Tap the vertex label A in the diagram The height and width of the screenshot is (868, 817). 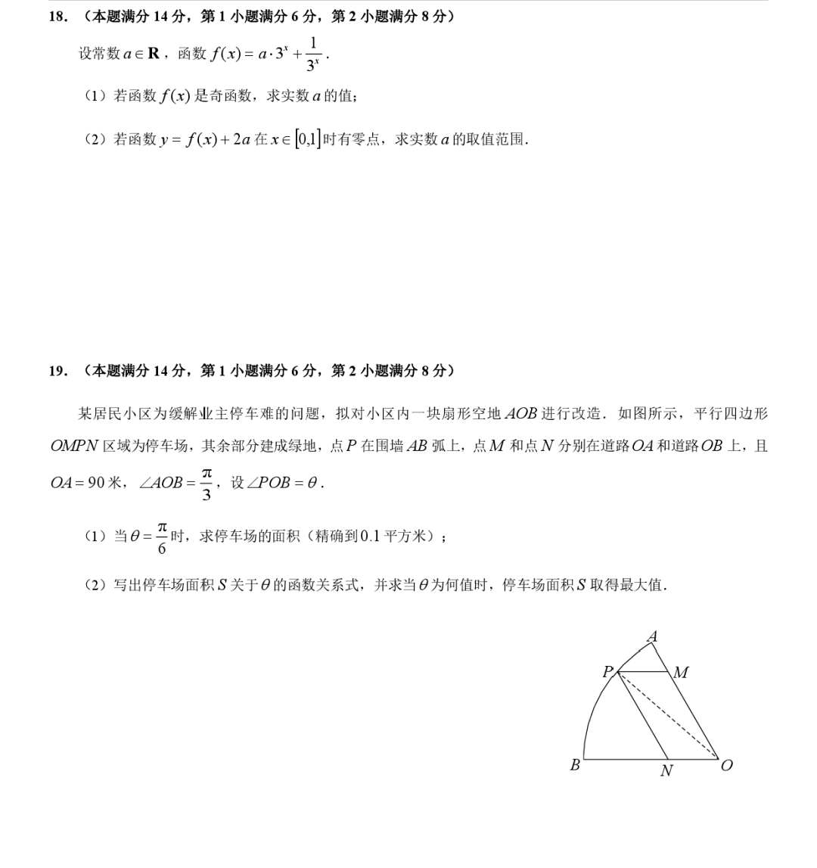pyautogui.click(x=652, y=637)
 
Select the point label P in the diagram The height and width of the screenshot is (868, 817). pyautogui.click(x=607, y=672)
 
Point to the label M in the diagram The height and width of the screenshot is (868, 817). pyautogui.click(x=681, y=673)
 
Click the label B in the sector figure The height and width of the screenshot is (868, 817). pyautogui.click(x=575, y=765)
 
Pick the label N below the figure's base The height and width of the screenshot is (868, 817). pyautogui.click(x=666, y=772)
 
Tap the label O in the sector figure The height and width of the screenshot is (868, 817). pyautogui.click(x=727, y=765)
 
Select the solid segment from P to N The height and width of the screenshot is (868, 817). pyautogui.click(x=644, y=715)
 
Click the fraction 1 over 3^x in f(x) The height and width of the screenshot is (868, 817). pyautogui.click(x=313, y=54)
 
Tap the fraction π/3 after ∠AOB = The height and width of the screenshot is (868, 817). pyautogui.click(x=207, y=483)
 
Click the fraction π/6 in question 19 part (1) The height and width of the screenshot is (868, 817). pyautogui.click(x=162, y=537)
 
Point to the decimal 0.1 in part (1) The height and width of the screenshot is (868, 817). pyautogui.click(x=369, y=537)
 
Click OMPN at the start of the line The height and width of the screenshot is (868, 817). pyautogui.click(x=74, y=446)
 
